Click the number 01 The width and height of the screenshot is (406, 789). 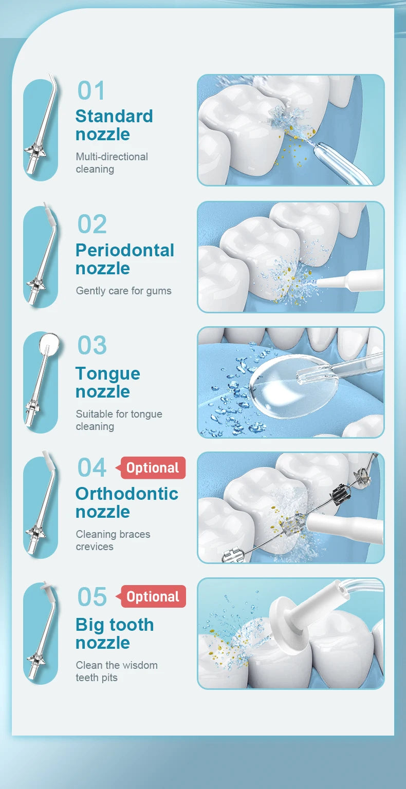tap(91, 90)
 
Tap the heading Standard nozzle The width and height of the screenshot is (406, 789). tap(114, 125)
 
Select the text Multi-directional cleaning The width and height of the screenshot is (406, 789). tap(112, 163)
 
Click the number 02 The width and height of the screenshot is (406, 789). tap(92, 224)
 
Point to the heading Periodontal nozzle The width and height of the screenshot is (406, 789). tap(125, 259)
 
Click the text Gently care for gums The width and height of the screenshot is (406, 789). tap(124, 291)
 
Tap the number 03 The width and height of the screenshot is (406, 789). tap(92, 345)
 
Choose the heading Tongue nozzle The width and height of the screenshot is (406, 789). tap(108, 383)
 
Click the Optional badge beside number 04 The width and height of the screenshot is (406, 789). tap(153, 468)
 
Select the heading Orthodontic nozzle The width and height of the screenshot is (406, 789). tap(127, 503)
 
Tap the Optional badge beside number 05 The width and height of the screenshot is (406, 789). tap(153, 596)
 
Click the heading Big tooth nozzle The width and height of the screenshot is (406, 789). tap(115, 634)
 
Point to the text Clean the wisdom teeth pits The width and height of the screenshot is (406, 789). tap(117, 671)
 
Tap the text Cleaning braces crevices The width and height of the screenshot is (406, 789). tap(113, 540)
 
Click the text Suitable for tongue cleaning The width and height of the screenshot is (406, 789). tap(119, 420)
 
